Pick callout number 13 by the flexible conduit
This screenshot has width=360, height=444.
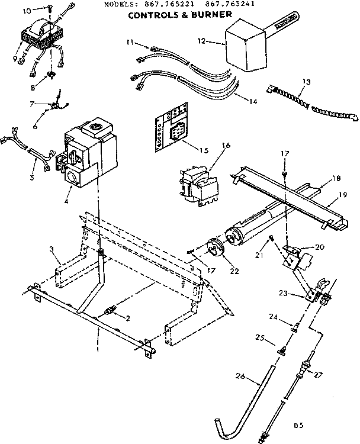306,81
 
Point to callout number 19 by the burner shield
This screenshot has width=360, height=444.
343,194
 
